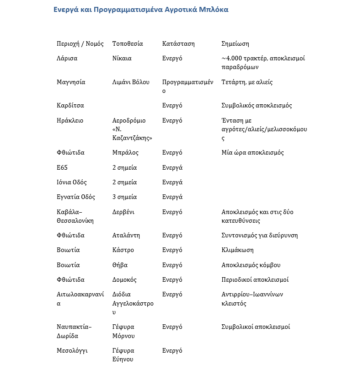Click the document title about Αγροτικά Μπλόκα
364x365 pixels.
(141, 10)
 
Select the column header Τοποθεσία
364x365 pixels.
(128, 44)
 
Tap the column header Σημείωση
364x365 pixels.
(235, 44)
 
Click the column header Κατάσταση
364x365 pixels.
(178, 44)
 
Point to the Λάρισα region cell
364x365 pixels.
(67, 59)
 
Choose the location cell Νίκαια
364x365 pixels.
(122, 59)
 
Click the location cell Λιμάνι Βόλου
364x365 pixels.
(131, 82)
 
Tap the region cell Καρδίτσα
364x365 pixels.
(70, 106)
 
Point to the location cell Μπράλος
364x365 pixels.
(125, 153)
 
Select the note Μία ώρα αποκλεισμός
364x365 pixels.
(252, 153)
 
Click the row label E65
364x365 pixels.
(62, 167)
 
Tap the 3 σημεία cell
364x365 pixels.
(124, 197)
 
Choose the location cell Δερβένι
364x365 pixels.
(123, 212)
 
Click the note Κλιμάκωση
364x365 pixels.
(237, 250)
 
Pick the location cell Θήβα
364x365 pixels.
(120, 265)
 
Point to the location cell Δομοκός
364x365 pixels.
(124, 280)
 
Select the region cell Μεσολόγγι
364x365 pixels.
(72, 351)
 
